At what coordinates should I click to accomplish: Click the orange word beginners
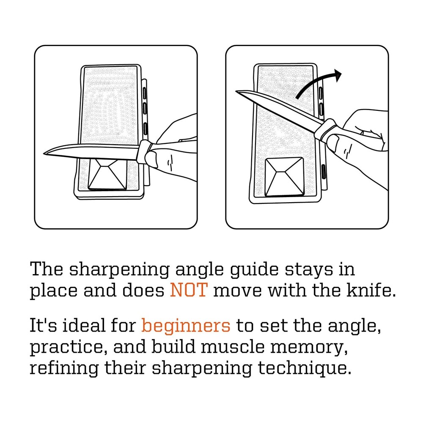click(x=186, y=326)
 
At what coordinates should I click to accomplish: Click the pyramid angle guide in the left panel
click(x=107, y=173)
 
